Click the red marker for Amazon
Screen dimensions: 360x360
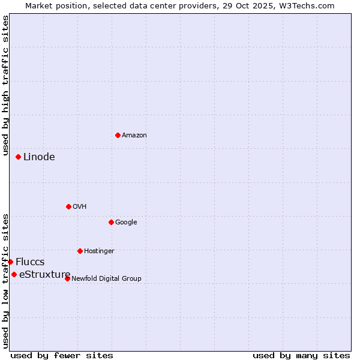[x=118, y=135]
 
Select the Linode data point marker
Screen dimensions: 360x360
[x=19, y=157]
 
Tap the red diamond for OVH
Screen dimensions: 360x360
[x=68, y=206]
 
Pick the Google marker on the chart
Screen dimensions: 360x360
[x=111, y=222]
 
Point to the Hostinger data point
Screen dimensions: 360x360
[x=80, y=251]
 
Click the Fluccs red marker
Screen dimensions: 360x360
[x=10, y=262]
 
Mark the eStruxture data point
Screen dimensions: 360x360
[x=14, y=274]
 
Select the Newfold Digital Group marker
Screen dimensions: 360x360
[x=67, y=278]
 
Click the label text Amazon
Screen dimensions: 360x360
[x=134, y=136]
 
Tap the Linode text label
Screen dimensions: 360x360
[x=39, y=157]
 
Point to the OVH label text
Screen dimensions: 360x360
[x=80, y=207]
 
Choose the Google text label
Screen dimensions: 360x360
[x=126, y=223]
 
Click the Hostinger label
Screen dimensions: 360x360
[x=99, y=251]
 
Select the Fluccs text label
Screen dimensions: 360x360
[x=30, y=262]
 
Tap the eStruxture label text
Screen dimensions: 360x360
[x=44, y=275]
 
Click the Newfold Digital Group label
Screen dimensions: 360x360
[x=106, y=279]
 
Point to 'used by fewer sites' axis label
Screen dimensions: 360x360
[x=62, y=355]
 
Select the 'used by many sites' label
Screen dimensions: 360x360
[x=301, y=355]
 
